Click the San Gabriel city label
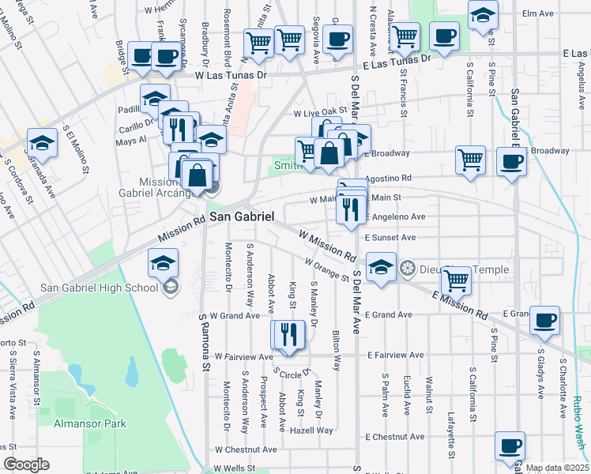(x=241, y=216)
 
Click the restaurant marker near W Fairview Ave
(x=288, y=334)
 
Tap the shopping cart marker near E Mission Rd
(x=456, y=279)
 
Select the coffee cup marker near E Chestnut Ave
(x=510, y=444)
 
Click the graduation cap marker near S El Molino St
(x=42, y=142)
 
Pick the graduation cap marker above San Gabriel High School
(x=164, y=261)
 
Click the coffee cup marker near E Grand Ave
(x=544, y=321)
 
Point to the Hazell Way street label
(x=313, y=431)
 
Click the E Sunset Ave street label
(x=390, y=237)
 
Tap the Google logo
(x=26, y=465)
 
